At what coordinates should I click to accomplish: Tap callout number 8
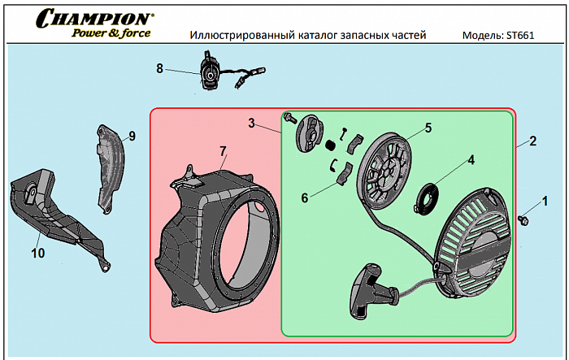click(160, 69)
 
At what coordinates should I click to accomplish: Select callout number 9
click(132, 136)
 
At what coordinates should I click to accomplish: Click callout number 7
click(222, 151)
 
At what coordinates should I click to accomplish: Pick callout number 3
click(252, 124)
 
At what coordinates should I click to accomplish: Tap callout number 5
click(428, 128)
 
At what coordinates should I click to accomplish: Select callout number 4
click(470, 160)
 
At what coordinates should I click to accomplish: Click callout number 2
click(532, 141)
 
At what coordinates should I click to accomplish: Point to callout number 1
click(545, 200)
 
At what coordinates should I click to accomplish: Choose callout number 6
click(305, 197)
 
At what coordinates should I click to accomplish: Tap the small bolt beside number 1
click(523, 219)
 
